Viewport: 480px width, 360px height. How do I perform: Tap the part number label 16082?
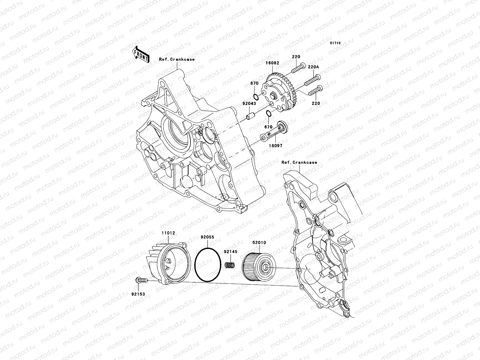(272, 63)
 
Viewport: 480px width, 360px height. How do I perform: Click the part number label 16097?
(276, 145)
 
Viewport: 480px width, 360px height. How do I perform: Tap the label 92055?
(208, 245)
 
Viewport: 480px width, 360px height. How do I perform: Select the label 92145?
(230, 252)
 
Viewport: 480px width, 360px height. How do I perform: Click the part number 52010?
(259, 242)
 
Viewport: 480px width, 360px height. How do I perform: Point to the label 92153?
(138, 294)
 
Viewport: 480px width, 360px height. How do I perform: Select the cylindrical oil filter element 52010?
(257, 265)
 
